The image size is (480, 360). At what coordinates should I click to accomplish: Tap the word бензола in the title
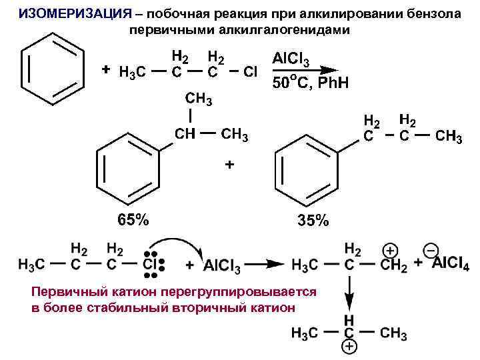coord(433,14)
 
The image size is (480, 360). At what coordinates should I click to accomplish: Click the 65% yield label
coord(133,219)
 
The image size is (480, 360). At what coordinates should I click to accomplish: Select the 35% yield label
coord(312,219)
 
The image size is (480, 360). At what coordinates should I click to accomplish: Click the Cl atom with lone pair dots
coord(151,265)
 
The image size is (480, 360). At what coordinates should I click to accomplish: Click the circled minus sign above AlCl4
coord(431,250)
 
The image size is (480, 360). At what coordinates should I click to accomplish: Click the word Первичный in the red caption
coord(61,293)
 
